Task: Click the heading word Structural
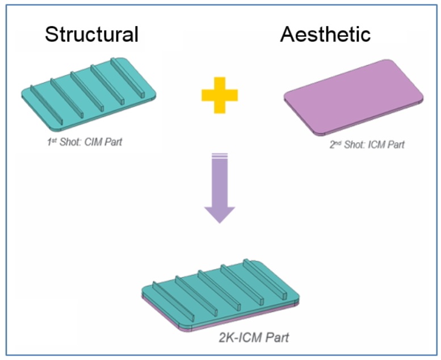click(x=92, y=34)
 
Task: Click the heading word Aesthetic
click(x=325, y=34)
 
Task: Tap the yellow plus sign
click(x=220, y=95)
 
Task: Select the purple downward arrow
click(x=220, y=188)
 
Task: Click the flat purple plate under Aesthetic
click(x=354, y=98)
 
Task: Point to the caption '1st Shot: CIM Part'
click(x=85, y=142)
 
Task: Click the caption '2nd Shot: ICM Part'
click(x=367, y=145)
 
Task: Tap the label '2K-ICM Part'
click(x=254, y=337)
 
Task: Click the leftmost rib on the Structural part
click(x=47, y=105)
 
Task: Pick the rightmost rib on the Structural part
click(x=128, y=78)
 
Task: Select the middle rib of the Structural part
click(x=87, y=92)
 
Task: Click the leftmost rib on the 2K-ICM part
click(x=173, y=302)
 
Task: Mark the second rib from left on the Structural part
click(x=67, y=98)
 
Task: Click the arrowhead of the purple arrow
click(x=220, y=214)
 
